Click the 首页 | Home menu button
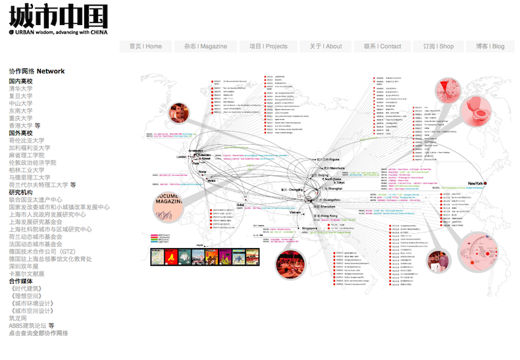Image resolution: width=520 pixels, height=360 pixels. point(145,46)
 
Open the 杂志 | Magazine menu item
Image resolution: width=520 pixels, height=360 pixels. point(205,46)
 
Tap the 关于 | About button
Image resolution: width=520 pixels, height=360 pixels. point(326,46)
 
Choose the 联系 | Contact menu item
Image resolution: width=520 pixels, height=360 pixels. point(382,46)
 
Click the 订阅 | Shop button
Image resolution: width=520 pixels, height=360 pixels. point(438,46)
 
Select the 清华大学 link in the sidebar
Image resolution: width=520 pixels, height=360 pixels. point(20,89)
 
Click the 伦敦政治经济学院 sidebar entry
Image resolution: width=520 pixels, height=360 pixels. point(32,163)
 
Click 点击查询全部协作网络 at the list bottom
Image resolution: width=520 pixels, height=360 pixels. point(38,333)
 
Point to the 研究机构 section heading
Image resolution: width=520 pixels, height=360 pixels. point(20,192)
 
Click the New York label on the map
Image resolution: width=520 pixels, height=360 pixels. point(476,183)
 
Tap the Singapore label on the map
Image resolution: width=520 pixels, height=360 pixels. point(305,228)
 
